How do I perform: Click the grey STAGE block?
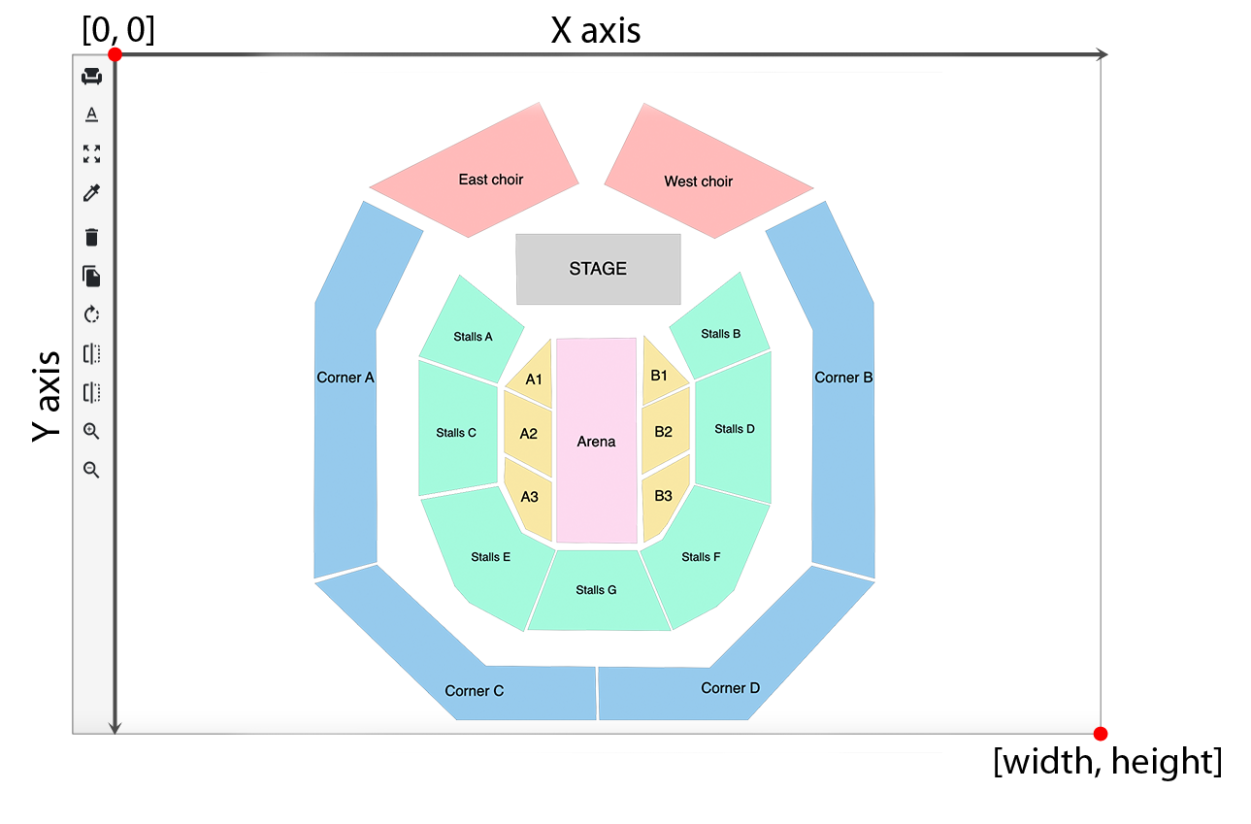tap(598, 269)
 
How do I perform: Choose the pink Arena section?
tap(596, 442)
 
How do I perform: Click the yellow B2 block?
tap(664, 431)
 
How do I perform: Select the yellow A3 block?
tap(529, 497)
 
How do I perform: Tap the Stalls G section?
tap(596, 590)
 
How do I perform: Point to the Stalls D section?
tap(735, 429)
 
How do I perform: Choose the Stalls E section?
tap(490, 557)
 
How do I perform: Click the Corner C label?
tap(474, 691)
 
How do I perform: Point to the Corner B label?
tap(843, 378)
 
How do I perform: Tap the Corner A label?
tap(346, 378)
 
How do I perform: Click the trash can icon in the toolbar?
tap(92, 237)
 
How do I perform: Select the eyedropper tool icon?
tap(92, 193)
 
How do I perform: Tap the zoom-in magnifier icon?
tap(92, 431)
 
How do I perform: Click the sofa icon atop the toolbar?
tap(92, 76)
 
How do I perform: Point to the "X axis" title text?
tap(595, 31)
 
